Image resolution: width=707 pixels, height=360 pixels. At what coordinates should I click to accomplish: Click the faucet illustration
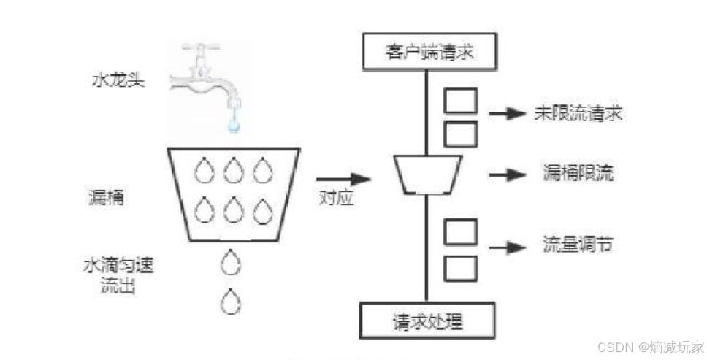click(x=207, y=80)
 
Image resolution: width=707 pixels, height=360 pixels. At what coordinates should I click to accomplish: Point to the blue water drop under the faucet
click(x=233, y=125)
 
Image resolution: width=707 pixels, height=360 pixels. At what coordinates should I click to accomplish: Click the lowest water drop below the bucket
click(x=231, y=299)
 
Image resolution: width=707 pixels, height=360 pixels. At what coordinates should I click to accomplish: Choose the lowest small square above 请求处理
click(x=460, y=268)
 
